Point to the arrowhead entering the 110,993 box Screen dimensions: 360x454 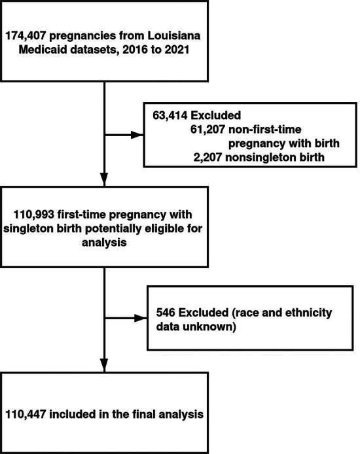pos(105,183)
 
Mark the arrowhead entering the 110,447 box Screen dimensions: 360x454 pos(105,366)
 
